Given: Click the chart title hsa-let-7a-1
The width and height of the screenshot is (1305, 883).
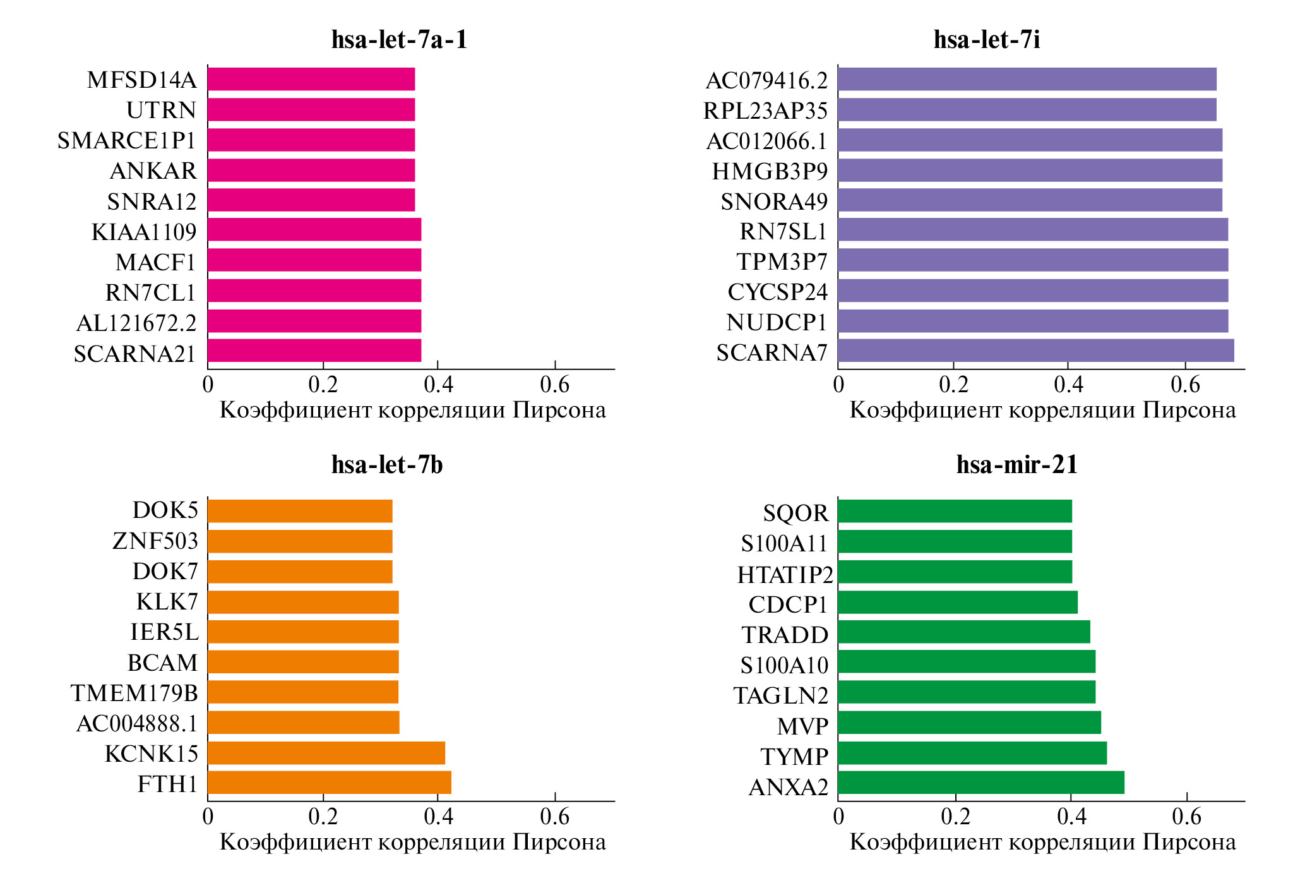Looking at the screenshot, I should [x=399, y=40].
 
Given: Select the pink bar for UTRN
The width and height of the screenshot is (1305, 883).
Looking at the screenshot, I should [x=311, y=109].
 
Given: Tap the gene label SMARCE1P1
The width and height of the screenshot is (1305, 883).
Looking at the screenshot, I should [x=127, y=140].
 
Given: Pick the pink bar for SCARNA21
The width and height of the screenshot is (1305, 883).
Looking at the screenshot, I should [x=314, y=351].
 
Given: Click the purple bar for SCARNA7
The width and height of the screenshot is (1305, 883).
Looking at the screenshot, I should [x=1035, y=351].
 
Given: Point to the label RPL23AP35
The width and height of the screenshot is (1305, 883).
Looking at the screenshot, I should [x=765, y=111].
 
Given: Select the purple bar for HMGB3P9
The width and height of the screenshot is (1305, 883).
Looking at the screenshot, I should [x=1030, y=170].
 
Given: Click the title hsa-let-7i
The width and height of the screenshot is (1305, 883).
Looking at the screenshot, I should [x=987, y=40].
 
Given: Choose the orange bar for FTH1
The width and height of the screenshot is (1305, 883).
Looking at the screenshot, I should [x=329, y=783].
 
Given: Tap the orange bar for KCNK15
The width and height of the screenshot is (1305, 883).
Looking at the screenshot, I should [x=326, y=753].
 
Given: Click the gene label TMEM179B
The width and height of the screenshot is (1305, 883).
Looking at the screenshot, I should [x=134, y=693].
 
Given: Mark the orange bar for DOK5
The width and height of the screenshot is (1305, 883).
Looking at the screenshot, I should [x=300, y=511].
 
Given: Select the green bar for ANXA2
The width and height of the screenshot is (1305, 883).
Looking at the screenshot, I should [x=980, y=783].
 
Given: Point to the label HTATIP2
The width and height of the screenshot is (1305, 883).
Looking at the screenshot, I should [x=785, y=574].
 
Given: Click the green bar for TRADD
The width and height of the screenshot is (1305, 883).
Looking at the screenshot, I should [x=963, y=632].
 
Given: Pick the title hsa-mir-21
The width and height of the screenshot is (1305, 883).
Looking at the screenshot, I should [x=1016, y=465].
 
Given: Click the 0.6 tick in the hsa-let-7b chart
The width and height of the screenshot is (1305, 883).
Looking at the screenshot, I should [x=554, y=817].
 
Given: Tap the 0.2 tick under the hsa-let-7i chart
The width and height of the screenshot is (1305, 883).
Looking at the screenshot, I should [x=953, y=384].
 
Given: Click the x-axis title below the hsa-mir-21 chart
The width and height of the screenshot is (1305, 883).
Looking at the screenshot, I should [x=1042, y=842].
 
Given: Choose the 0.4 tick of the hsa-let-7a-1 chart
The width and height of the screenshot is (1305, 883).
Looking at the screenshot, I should [x=438, y=384].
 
